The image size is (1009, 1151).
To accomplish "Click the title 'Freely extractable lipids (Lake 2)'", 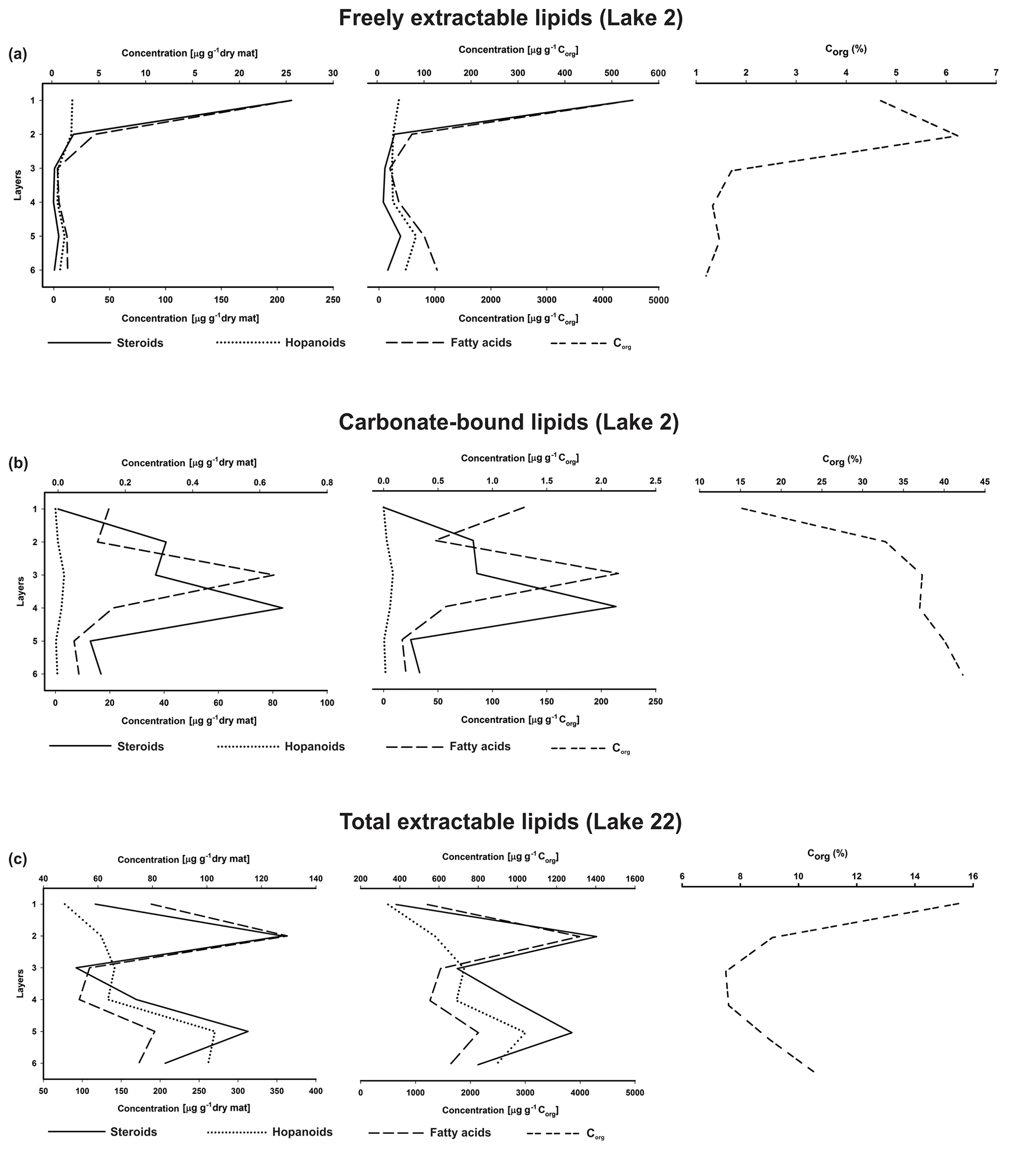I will pos(510,19).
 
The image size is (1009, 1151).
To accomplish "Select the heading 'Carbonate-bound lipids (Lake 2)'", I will pos(509,422).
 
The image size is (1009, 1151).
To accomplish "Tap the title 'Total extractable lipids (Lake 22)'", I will pos(510,822).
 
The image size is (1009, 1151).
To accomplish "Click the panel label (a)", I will pos(18,54).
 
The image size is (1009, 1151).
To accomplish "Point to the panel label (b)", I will pos(18,463).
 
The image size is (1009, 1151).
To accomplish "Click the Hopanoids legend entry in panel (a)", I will pos(315,342).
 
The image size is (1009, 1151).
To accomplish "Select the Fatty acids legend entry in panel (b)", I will pos(480,746).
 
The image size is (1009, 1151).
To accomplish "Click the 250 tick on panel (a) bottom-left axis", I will pos(333,300).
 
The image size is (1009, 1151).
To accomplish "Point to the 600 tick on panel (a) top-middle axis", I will pos(658,73).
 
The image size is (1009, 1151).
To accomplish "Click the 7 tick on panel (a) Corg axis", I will pos(995,73).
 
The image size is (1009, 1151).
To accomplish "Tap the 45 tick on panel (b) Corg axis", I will pos(984,482).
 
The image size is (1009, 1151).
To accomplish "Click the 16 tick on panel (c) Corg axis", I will pos(973,876).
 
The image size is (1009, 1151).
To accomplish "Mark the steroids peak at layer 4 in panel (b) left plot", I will pos(282,608).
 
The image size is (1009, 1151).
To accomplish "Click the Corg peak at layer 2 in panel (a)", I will pos(958,136).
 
